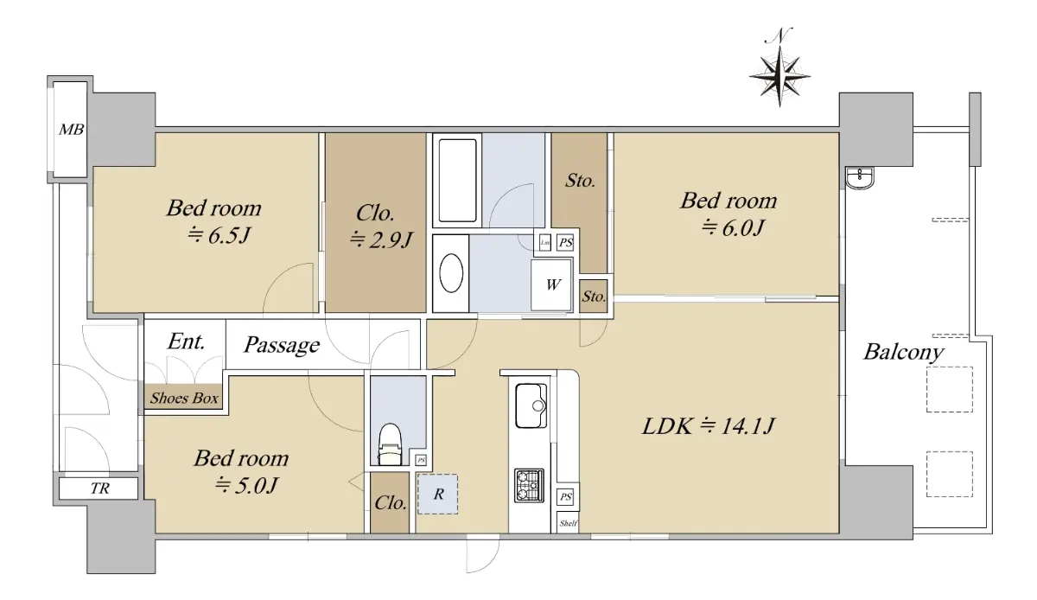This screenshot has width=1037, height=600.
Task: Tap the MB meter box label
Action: point(71,130)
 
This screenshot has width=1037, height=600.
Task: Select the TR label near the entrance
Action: point(100,488)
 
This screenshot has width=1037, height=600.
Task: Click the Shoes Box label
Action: point(184,398)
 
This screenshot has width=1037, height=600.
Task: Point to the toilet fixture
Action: point(390,444)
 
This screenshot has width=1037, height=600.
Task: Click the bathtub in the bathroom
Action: point(457,180)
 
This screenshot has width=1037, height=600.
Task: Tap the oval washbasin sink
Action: point(451,273)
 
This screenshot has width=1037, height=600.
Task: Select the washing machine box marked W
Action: point(551,284)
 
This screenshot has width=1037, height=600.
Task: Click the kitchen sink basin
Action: point(531,405)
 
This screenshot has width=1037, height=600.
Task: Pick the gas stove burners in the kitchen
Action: point(529,486)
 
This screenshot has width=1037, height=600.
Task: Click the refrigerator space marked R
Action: point(437,494)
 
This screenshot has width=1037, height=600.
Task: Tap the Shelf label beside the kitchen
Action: point(568,524)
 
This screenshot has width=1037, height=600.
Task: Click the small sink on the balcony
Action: point(860,177)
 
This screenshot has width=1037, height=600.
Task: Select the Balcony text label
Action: point(903,352)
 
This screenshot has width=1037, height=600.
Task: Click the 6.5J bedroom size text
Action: point(219,236)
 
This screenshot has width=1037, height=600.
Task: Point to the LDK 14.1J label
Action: point(708,426)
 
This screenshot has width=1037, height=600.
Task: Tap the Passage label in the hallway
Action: point(282,345)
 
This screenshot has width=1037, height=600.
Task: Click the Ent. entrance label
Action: point(186,341)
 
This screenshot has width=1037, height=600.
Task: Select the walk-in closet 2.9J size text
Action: point(380,240)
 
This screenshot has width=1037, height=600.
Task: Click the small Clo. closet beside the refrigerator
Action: point(391,502)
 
